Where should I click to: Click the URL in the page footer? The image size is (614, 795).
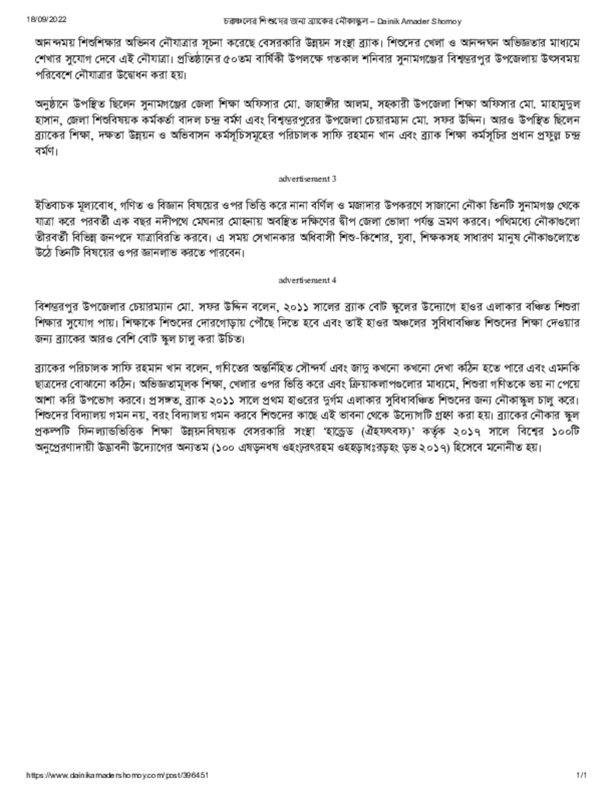pyautogui.click(x=117, y=775)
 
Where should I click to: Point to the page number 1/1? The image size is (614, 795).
pyautogui.click(x=581, y=775)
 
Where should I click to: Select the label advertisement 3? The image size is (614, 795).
pyautogui.click(x=307, y=179)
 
